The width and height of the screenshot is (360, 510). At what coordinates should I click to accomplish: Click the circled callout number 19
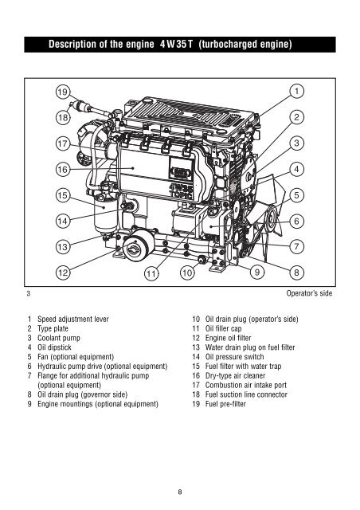(63, 92)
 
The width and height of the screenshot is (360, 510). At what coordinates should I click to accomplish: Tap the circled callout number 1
(296, 91)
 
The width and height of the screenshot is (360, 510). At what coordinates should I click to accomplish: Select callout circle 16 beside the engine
(63, 169)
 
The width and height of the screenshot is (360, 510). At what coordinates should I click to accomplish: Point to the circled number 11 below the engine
(151, 273)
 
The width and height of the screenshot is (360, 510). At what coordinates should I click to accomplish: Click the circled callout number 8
(296, 273)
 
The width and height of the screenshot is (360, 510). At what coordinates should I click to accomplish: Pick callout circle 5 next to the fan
(296, 195)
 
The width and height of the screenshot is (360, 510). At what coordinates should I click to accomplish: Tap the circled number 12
(63, 273)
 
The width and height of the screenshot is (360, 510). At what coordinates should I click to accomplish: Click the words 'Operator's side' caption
(309, 293)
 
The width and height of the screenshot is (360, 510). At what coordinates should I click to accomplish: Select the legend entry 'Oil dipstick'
(54, 347)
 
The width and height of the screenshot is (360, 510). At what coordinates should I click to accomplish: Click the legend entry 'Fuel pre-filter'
(225, 404)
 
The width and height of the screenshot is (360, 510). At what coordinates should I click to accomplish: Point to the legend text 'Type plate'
(53, 328)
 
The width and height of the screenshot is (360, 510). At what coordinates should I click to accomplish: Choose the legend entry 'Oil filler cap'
(224, 328)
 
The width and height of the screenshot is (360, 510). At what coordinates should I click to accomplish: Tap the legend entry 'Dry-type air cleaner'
(235, 375)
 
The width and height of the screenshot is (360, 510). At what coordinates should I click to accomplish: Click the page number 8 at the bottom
(180, 492)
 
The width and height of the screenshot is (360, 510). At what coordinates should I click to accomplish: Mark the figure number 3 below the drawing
(29, 293)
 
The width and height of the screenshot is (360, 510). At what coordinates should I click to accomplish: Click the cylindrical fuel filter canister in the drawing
(105, 213)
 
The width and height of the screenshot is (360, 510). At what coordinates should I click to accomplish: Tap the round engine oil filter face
(134, 249)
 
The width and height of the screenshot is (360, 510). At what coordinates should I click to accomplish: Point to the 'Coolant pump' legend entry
(58, 338)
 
